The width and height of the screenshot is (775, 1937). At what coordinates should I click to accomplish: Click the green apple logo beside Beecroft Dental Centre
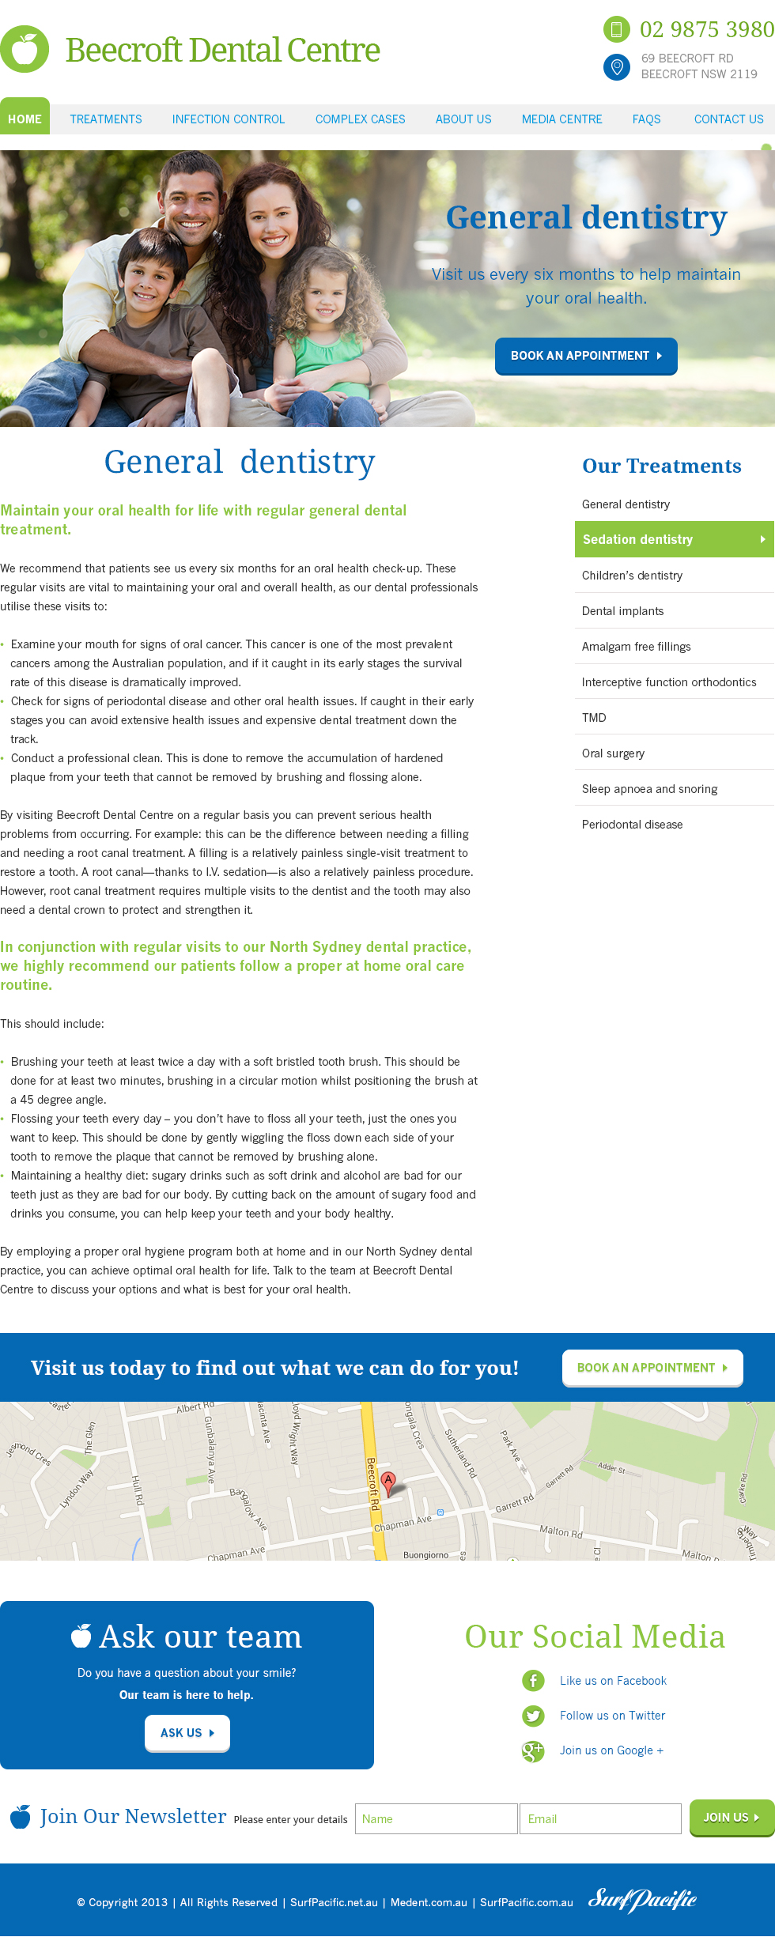(25, 49)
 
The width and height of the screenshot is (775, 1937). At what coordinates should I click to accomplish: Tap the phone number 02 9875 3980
(706, 29)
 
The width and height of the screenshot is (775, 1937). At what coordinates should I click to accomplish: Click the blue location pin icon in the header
(617, 67)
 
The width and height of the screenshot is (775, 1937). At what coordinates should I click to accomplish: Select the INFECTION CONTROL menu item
(229, 119)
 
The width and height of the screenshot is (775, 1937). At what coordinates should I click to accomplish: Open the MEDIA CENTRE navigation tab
(561, 119)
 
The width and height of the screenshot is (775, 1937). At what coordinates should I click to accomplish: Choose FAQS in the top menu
(646, 119)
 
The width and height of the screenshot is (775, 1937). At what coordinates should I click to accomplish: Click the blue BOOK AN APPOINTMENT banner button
(586, 356)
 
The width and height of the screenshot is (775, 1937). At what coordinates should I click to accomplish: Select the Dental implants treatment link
(622, 611)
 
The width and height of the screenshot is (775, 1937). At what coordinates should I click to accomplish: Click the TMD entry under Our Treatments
(594, 718)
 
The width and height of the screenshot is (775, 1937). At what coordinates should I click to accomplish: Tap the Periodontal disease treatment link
(632, 825)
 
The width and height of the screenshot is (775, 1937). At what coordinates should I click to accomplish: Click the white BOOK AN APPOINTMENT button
(652, 1368)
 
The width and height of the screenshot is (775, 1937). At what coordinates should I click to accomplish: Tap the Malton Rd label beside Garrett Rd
(561, 1531)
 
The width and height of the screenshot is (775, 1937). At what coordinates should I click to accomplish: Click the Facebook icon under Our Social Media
(533, 1681)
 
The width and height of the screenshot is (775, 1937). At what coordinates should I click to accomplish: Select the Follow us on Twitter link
(612, 1716)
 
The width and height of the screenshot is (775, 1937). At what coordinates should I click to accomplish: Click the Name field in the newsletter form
(436, 1818)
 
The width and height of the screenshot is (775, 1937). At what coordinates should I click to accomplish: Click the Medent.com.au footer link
(429, 1902)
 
